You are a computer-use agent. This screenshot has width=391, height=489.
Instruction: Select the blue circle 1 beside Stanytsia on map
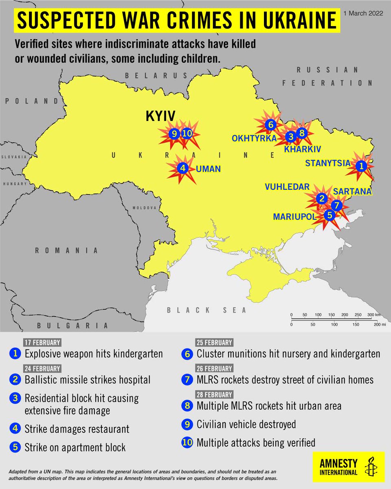(x=361, y=166)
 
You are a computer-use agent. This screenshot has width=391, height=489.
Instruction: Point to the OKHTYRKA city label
(x=254, y=139)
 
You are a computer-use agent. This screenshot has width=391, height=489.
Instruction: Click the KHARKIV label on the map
(x=303, y=149)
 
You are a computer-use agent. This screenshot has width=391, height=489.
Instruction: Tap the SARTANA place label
(x=352, y=191)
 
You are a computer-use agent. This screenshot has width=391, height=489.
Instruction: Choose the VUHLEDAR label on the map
(x=287, y=187)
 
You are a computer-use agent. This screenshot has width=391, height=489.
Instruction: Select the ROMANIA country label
(x=66, y=251)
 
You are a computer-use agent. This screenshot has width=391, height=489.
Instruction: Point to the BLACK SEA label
(x=206, y=311)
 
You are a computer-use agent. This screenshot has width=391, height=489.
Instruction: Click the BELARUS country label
(x=156, y=75)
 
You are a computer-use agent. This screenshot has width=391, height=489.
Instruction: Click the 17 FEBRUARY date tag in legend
(x=42, y=342)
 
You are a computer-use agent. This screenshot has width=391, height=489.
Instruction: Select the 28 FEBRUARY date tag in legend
(x=213, y=394)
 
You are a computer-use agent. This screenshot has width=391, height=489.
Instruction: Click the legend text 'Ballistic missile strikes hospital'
(x=88, y=380)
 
